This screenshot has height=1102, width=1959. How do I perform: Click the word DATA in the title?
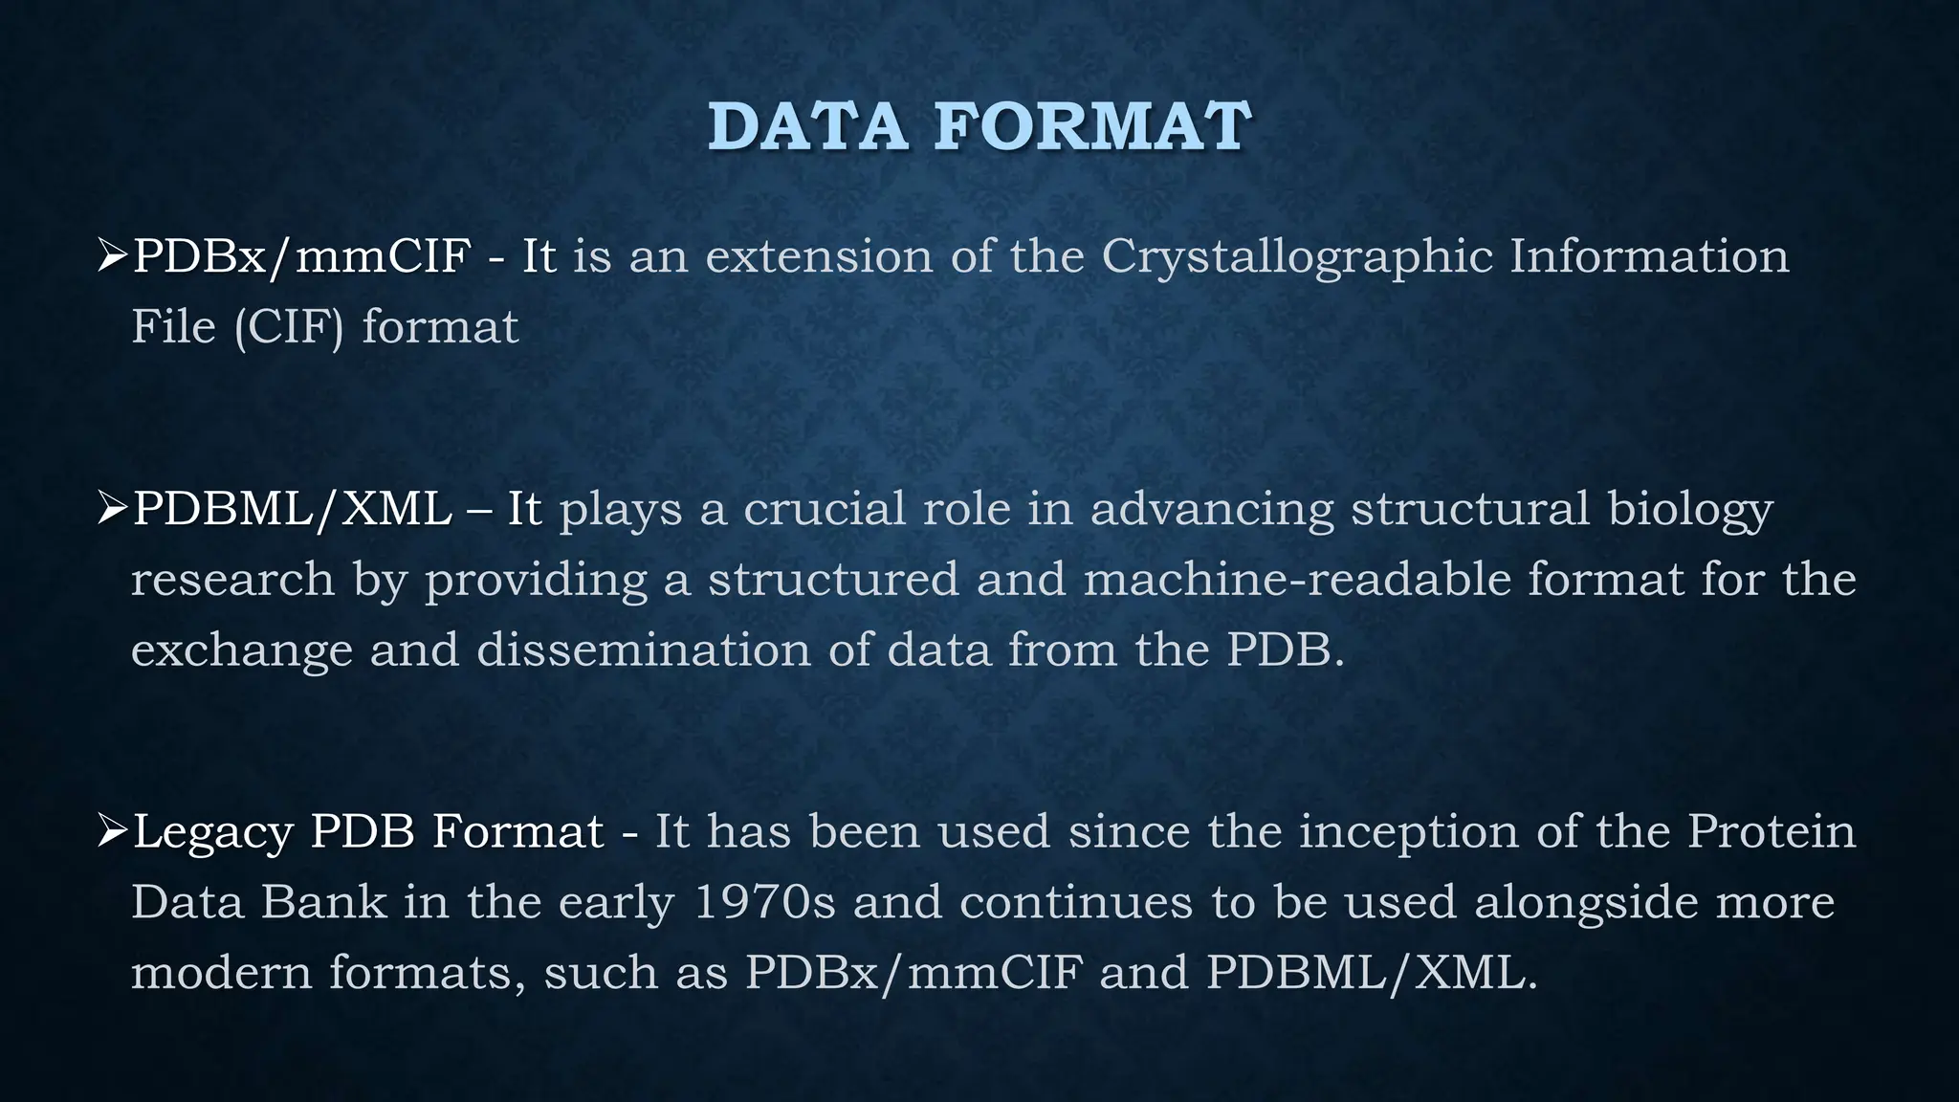tap(807, 127)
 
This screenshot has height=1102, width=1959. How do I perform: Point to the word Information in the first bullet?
tap(1649, 256)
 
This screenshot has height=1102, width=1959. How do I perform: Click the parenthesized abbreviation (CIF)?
tap(288, 328)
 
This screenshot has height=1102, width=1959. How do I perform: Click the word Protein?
tap(1771, 830)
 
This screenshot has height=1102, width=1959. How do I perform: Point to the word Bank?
tap(323, 902)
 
